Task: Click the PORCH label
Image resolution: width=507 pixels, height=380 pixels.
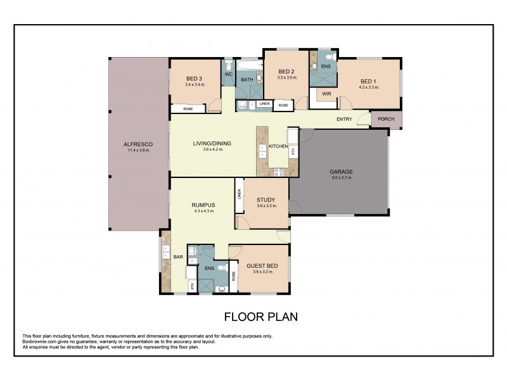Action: [386, 120]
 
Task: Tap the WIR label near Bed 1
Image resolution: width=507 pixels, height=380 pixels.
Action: [326, 94]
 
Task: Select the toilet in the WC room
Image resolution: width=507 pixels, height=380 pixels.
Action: [228, 66]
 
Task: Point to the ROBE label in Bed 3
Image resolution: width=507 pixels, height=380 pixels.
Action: [188, 109]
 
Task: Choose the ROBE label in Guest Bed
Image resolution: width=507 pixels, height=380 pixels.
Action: [234, 275]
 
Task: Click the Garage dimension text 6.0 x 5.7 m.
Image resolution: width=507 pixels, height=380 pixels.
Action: [340, 178]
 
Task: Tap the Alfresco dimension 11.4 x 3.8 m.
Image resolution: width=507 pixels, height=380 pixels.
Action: [138, 151]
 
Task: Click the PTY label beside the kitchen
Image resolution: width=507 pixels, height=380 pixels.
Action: [292, 151]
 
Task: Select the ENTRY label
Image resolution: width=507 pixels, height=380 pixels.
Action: [344, 118]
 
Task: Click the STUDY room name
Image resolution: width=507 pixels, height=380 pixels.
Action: [266, 199]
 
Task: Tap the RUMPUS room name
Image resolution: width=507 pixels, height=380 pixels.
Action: [204, 205]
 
